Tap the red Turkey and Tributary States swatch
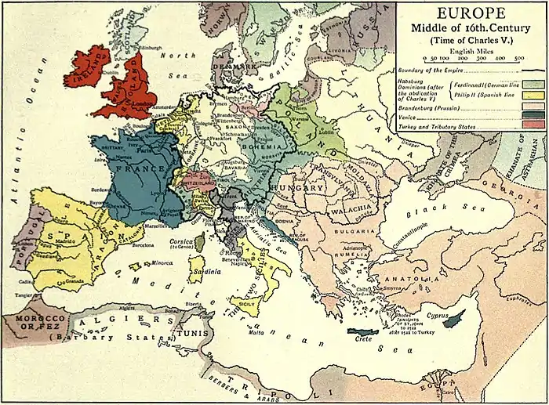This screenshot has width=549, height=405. click(533, 124)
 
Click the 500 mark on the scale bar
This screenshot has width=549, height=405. click(519, 58)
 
